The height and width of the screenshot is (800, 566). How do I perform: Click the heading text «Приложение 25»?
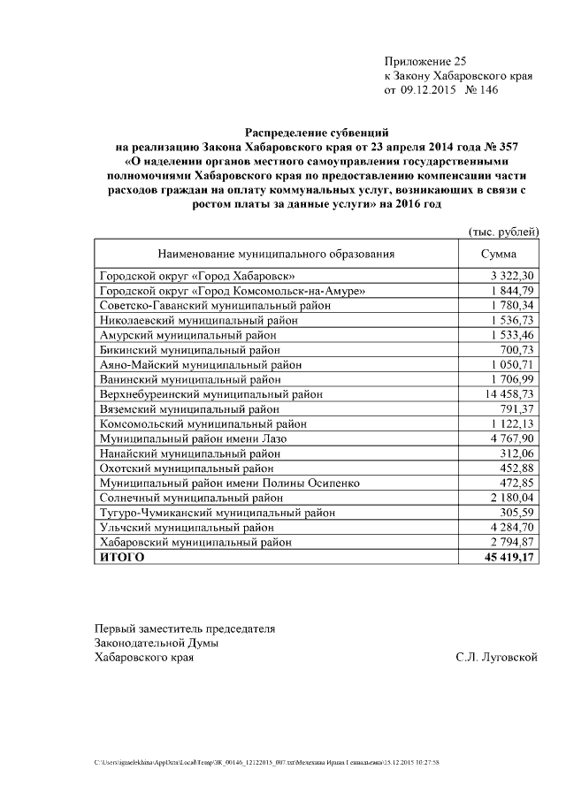click(x=424, y=61)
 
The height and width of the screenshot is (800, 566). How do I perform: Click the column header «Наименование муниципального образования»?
click(x=275, y=254)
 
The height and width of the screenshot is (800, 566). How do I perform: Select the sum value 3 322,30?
click(x=510, y=277)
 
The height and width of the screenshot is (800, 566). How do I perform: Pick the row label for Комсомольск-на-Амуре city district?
click(x=232, y=291)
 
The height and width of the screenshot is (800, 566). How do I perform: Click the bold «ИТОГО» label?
click(x=121, y=557)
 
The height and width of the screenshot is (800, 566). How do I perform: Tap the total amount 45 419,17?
click(x=507, y=557)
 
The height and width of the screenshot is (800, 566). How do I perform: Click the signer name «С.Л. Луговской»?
click(x=496, y=657)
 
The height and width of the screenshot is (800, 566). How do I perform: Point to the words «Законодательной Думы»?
click(x=157, y=643)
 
